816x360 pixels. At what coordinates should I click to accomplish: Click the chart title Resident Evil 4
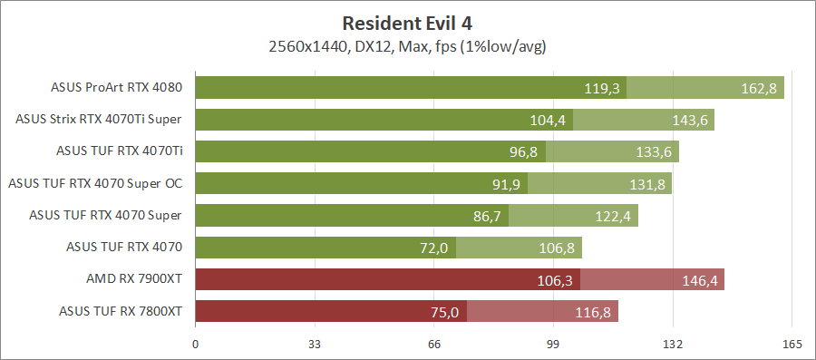407,22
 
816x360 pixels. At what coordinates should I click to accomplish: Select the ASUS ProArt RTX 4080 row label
117,88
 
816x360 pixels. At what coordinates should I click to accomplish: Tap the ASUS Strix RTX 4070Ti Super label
99,119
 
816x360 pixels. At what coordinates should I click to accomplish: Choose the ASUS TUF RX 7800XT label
121,311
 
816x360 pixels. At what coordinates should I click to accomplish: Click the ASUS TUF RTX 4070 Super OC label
95,183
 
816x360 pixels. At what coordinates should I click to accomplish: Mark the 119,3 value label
601,89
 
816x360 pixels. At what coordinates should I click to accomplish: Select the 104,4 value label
548,121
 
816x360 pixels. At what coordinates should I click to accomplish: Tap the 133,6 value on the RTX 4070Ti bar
653,152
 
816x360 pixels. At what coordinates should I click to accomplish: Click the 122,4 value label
613,216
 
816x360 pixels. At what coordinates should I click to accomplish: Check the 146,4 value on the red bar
699,281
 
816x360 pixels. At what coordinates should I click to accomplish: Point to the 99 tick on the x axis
553,344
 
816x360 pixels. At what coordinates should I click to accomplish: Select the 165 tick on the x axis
792,344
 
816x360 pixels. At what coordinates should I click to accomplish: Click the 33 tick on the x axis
315,344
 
